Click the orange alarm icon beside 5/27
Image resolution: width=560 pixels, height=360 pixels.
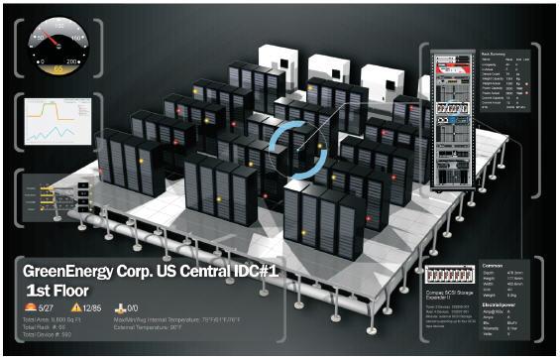pyautogui.click(x=30, y=308)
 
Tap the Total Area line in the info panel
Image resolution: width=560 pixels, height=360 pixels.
pyautogui.click(x=50, y=321)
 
